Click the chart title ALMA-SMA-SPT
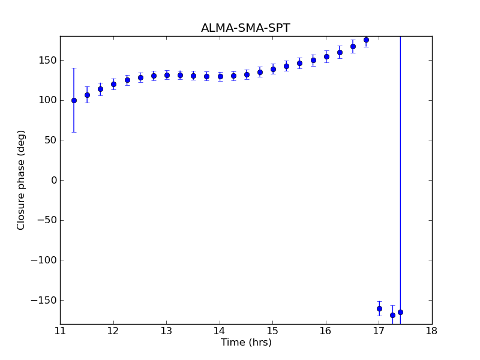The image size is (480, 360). coord(245,28)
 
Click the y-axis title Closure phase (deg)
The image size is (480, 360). coord(22,180)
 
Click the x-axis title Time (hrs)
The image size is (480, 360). coord(246,343)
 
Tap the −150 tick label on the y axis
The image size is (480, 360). coord(44,300)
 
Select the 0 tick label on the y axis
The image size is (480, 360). coord(53,180)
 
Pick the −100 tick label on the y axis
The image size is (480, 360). coord(44,260)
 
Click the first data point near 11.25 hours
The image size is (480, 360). coord(74,100)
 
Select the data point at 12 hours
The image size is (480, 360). coord(113,84)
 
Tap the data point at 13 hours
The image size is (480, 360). coord(167,75)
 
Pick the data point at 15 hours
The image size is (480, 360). coord(273,69)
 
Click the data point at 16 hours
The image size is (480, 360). coord(326,56)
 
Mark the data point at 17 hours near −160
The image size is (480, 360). coord(379,308)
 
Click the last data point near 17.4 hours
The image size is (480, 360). coord(400,312)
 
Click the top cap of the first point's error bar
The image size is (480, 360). coord(74,68)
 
